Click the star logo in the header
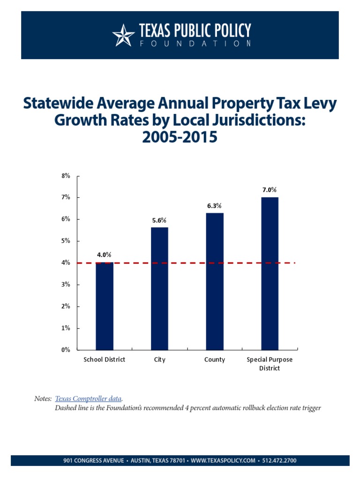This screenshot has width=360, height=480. (x=123, y=36)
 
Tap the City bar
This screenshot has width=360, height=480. (x=159, y=288)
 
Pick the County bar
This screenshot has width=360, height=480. (x=215, y=281)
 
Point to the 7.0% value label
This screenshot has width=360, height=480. (x=270, y=190)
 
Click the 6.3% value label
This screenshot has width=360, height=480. (x=215, y=206)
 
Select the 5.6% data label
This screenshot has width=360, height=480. (x=159, y=220)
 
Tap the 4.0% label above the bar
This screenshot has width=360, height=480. (x=104, y=255)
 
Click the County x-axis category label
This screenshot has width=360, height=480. (x=215, y=360)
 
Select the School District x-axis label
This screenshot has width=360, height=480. (x=105, y=360)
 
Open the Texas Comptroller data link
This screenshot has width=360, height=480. (x=89, y=398)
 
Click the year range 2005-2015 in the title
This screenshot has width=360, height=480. (x=180, y=138)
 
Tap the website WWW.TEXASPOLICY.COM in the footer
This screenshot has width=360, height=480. (x=223, y=461)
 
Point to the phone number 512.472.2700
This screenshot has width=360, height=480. (x=279, y=461)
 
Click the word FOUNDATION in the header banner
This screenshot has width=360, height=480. (x=195, y=44)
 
